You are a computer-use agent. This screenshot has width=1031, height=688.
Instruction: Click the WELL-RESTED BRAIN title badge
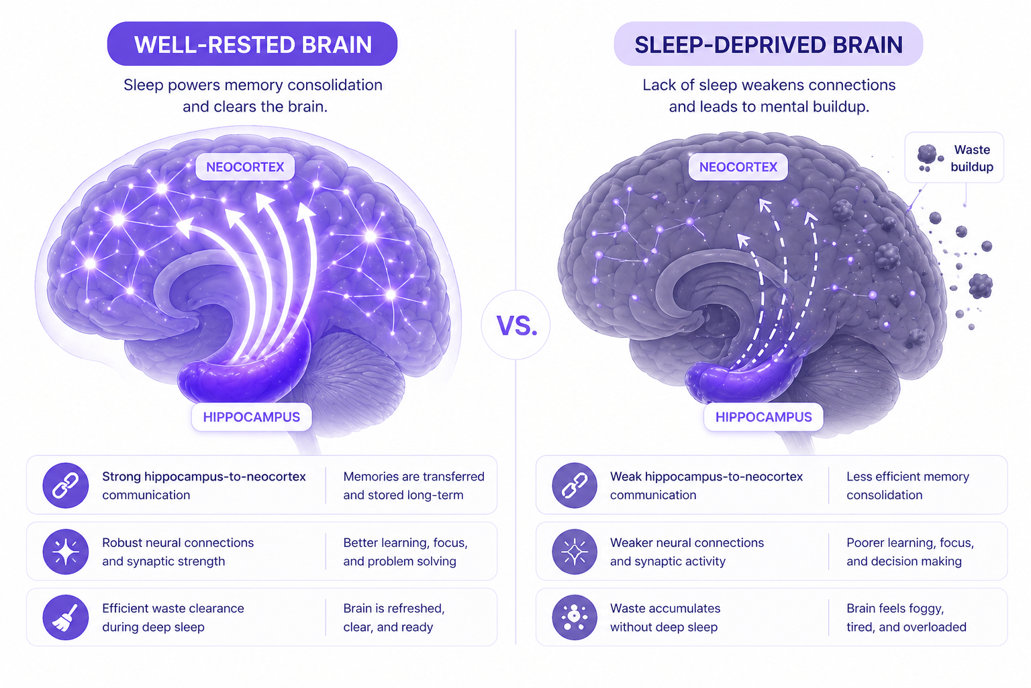[252, 44]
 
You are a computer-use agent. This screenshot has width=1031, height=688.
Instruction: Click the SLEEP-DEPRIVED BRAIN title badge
[769, 44]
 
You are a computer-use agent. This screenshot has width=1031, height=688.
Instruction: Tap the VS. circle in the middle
[516, 326]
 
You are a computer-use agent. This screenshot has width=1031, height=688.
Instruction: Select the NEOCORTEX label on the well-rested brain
[245, 167]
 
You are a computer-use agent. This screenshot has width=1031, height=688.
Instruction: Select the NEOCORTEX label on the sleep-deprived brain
[738, 167]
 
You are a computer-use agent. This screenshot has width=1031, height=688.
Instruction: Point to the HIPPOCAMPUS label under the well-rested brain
[252, 417]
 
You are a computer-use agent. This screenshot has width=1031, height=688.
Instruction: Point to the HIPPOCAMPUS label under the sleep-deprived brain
[764, 417]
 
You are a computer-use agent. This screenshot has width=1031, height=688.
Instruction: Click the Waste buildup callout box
[954, 158]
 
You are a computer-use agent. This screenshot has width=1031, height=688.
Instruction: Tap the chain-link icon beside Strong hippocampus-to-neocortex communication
[66, 485]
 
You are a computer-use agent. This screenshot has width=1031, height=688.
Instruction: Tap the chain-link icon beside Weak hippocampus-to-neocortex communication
[575, 485]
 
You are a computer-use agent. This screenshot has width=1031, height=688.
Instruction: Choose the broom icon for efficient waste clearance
[66, 617]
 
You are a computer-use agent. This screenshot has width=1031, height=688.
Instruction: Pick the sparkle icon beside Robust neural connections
[66, 552]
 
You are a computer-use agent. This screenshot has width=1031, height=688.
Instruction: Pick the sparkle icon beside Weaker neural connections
[575, 552]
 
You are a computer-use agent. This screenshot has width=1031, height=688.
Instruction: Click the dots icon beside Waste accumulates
[575, 617]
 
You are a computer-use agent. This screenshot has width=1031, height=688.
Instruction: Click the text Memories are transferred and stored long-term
[413, 486]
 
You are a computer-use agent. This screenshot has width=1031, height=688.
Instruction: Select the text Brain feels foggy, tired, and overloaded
[906, 617]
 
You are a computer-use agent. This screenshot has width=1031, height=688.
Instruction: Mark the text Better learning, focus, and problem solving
[405, 552]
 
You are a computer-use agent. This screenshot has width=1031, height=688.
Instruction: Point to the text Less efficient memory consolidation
[907, 486]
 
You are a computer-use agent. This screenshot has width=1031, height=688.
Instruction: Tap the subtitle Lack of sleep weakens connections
[769, 85]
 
